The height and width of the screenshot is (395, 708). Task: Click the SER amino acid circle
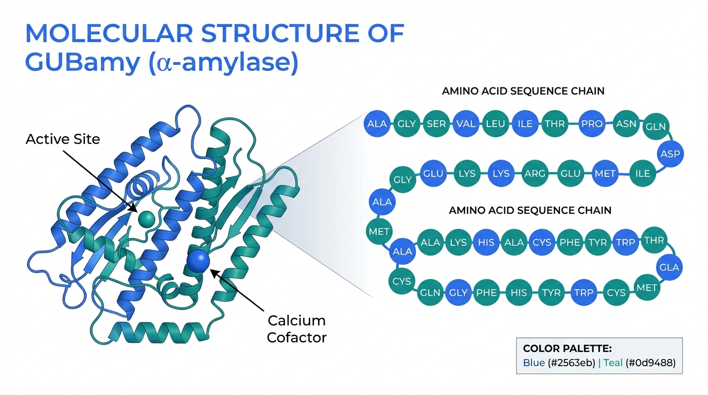point(436,124)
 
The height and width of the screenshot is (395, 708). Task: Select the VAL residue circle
point(466,124)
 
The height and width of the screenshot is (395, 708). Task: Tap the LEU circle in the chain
point(496,124)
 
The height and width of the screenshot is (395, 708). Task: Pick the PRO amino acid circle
point(592,124)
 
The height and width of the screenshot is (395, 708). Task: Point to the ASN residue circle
point(626,124)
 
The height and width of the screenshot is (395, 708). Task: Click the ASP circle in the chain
point(670,154)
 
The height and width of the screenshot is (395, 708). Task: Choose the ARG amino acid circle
point(535,174)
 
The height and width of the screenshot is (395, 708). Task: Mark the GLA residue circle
point(669,267)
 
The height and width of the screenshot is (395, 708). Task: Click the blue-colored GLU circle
point(433,174)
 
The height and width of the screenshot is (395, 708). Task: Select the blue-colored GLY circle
point(458,293)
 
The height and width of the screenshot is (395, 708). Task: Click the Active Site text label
point(63,139)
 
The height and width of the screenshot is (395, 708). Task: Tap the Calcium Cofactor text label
point(297,329)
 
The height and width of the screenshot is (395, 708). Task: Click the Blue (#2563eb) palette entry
point(558,363)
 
